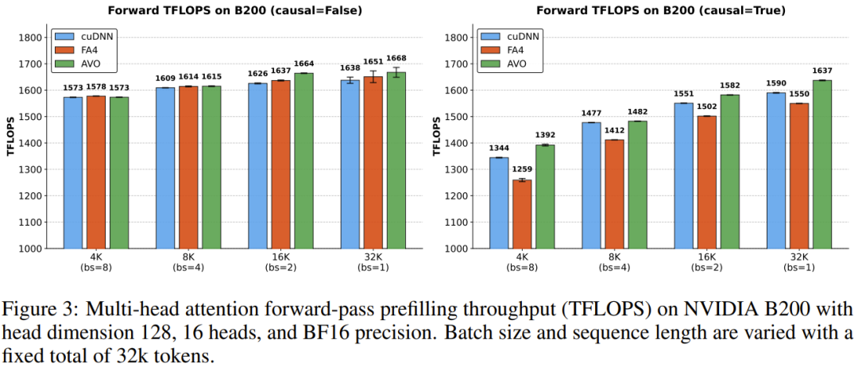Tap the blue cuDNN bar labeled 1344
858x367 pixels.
[x=498, y=203]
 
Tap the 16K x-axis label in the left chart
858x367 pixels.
[x=280, y=257]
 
